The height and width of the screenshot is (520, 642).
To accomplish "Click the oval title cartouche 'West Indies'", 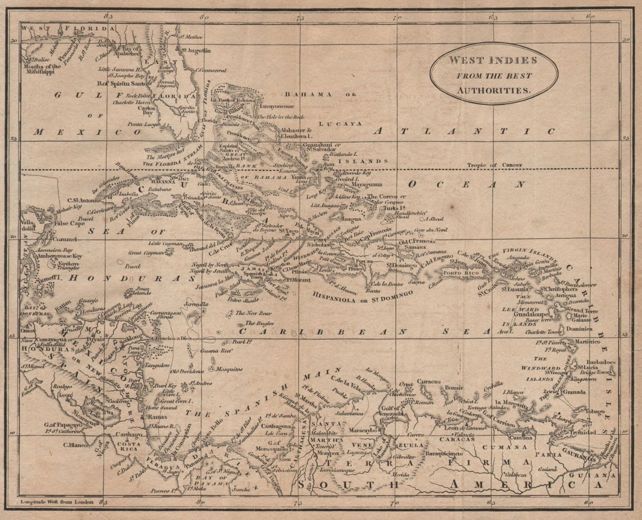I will pyautogui.click(x=494, y=74).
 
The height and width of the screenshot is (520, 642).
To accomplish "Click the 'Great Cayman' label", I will pyautogui.click(x=143, y=253).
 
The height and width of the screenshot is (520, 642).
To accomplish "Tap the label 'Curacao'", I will pyautogui.click(x=429, y=381).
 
